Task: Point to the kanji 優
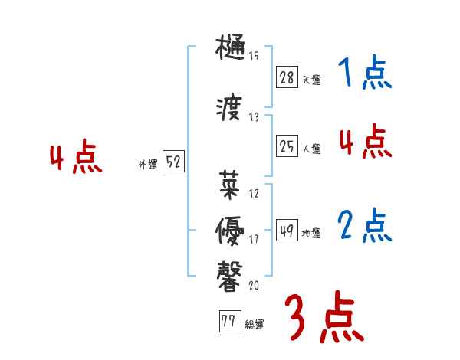click(230, 227)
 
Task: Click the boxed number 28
click(287, 77)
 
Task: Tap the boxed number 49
click(287, 231)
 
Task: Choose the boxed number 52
click(174, 162)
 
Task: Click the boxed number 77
click(229, 322)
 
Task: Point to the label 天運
click(311, 80)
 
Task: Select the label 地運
click(311, 234)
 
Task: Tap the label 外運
click(147, 165)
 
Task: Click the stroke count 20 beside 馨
click(254, 285)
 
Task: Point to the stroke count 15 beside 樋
click(254, 55)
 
